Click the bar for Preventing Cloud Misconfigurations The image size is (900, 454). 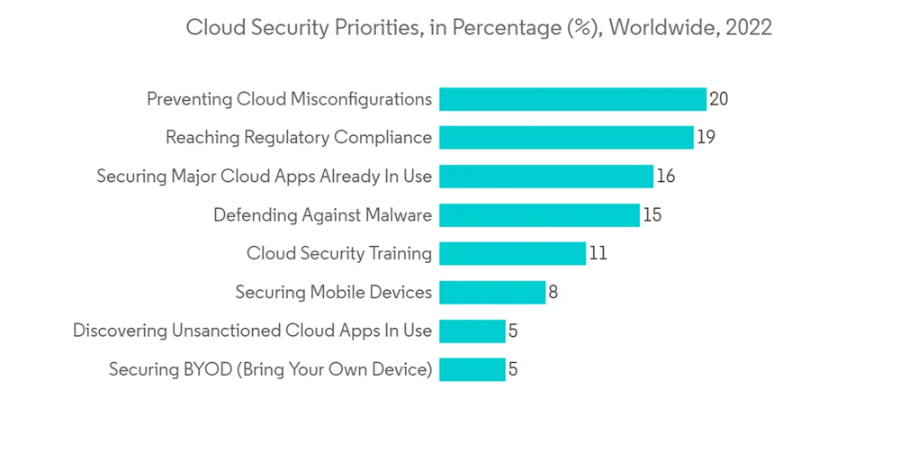[572, 99]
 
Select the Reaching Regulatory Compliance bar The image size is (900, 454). [566, 138]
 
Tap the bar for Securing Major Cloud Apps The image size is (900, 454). [546, 177]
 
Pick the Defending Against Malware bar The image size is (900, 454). [539, 215]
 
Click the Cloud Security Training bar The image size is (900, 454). [512, 254]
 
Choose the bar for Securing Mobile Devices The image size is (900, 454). [492, 293]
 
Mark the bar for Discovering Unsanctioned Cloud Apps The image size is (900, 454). [472, 331]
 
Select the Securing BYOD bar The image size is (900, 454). [472, 369]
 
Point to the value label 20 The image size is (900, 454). [718, 99]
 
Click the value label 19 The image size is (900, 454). [706, 138]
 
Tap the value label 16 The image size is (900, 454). [666, 177]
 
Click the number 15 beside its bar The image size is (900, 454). [652, 215]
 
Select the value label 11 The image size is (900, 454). [598, 254]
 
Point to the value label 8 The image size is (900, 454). [553, 293]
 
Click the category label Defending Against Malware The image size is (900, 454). [322, 215]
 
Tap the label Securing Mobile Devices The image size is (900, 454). [333, 293]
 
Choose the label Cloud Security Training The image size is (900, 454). [339, 254]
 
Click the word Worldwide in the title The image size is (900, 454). [657, 28]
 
